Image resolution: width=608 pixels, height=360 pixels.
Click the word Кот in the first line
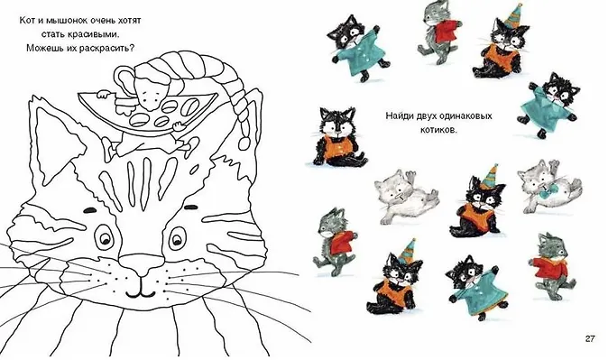coord(25,20)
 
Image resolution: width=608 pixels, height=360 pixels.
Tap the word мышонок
coord(61,20)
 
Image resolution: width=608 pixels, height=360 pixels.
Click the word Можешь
coord(42,48)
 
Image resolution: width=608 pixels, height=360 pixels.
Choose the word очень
coord(95,20)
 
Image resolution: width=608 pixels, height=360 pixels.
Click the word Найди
coord(398,116)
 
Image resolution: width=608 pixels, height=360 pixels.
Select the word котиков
coord(439,130)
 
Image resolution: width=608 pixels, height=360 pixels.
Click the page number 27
coord(589,338)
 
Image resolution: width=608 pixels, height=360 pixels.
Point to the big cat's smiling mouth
coord(140,292)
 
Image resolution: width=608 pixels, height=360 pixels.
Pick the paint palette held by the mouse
coord(149,111)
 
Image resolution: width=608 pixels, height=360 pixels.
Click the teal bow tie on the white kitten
coord(548,189)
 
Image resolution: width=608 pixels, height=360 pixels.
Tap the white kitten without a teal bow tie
coord(405,197)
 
